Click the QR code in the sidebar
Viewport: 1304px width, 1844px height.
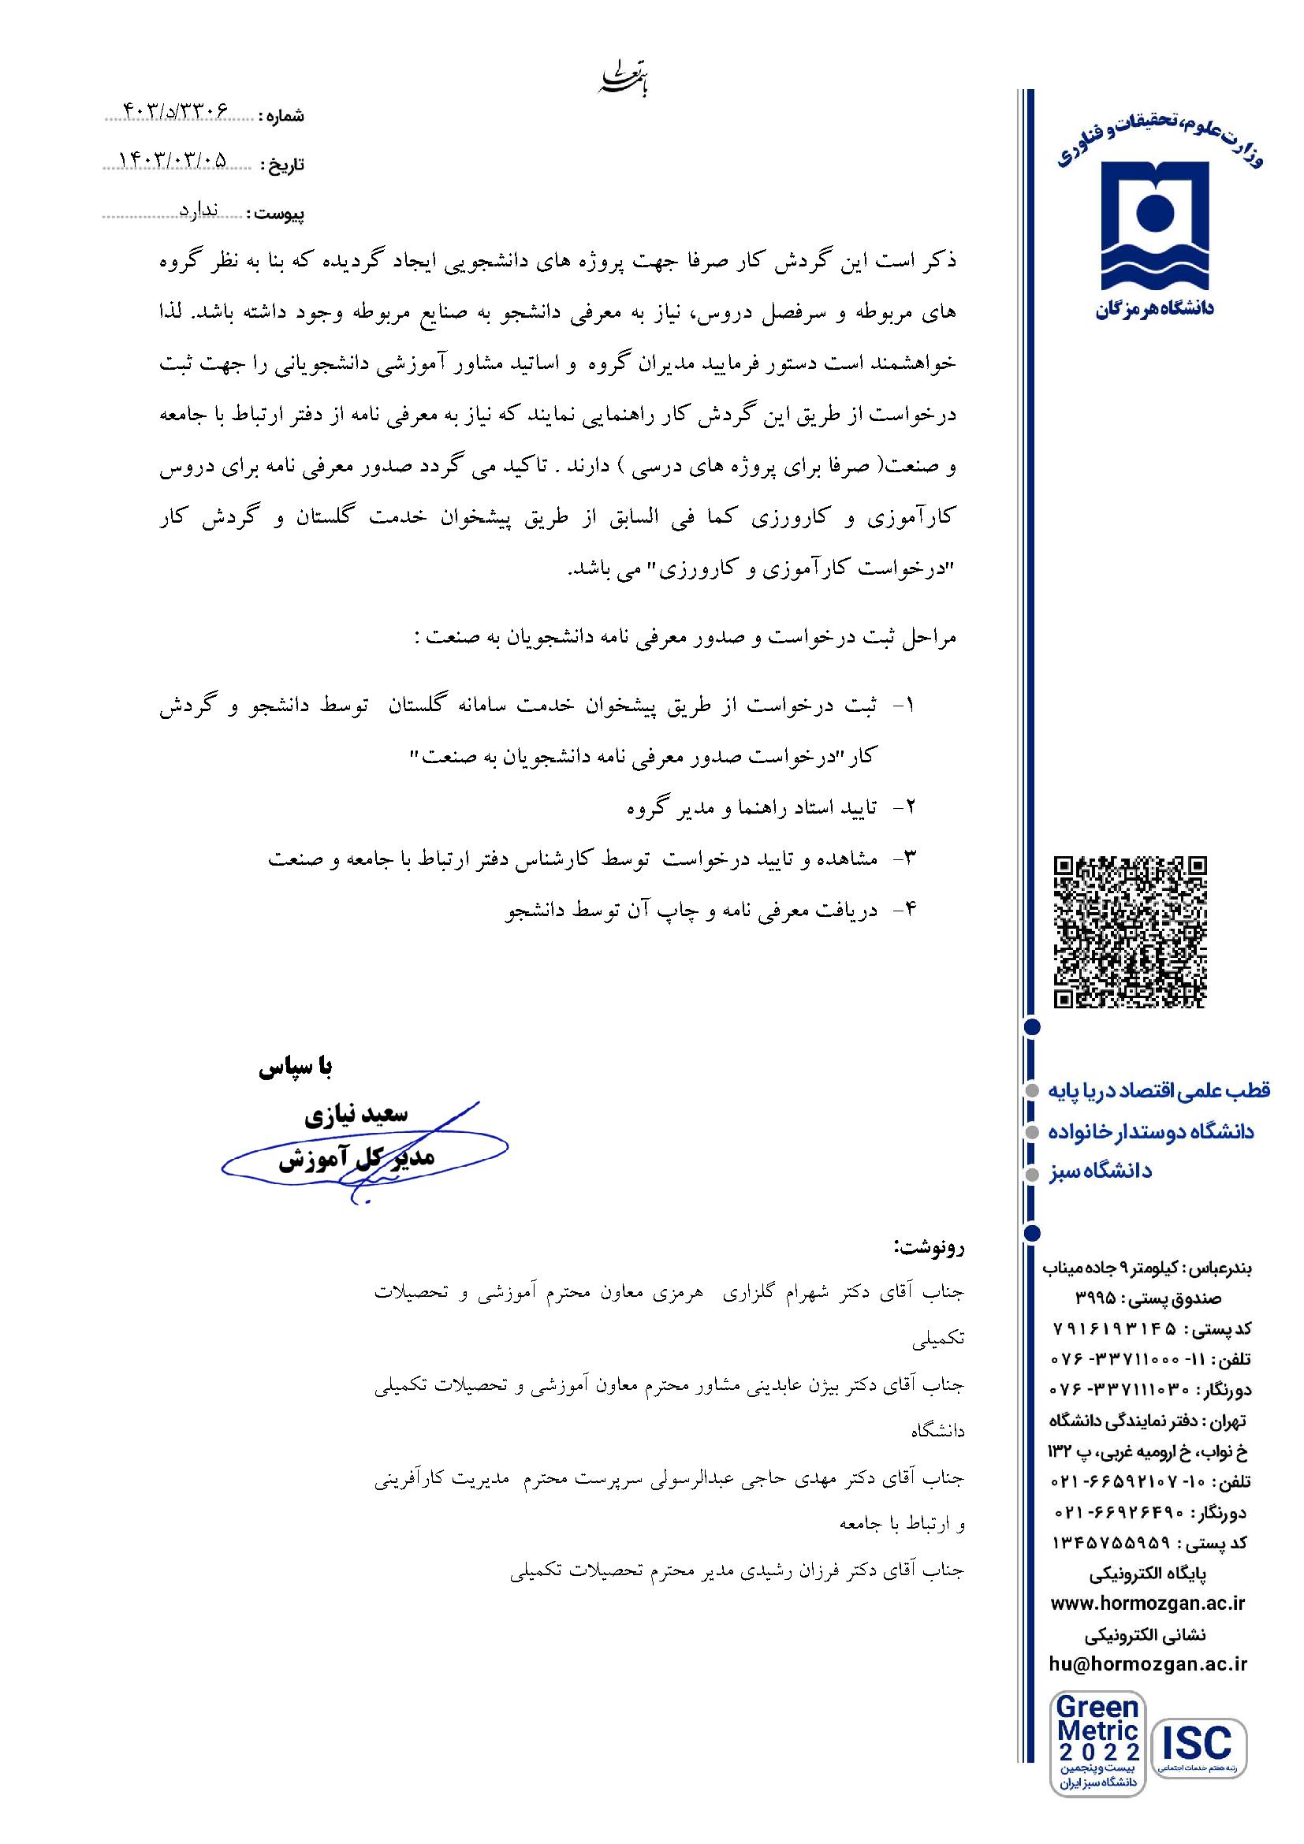point(1130,932)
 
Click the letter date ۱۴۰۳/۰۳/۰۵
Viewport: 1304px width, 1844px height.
point(173,161)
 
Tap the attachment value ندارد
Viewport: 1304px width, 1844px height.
point(199,210)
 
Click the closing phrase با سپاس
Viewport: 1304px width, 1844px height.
point(295,1067)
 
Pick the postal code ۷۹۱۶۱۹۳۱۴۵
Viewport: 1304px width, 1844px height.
point(1114,1329)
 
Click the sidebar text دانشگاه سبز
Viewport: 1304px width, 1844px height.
point(1100,1172)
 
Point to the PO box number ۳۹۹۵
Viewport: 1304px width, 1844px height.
point(1097,1298)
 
